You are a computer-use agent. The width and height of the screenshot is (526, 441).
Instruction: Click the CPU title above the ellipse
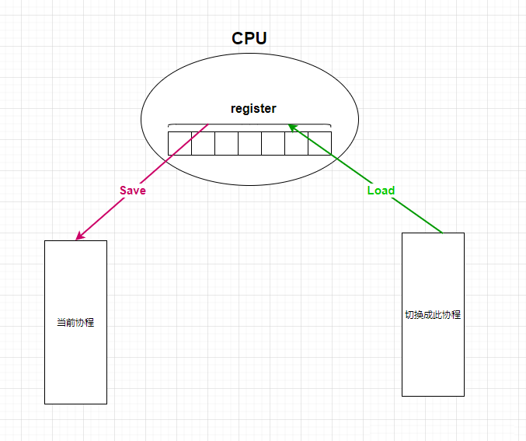coord(249,39)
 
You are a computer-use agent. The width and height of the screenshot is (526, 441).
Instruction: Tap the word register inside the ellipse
coord(253,109)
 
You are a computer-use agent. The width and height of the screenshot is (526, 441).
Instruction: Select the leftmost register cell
coord(179,144)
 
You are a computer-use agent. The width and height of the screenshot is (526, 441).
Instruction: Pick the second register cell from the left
coord(203,144)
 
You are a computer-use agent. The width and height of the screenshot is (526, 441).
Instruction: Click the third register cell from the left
coord(226,144)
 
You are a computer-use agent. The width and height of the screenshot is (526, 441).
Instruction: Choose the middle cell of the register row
coord(249,144)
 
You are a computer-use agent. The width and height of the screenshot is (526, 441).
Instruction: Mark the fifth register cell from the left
coord(273,144)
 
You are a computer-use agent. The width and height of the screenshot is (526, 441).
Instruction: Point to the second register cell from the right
coord(296,144)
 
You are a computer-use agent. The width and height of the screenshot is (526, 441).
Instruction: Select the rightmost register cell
coord(319,144)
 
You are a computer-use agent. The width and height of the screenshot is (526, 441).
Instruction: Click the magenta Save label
coord(132,191)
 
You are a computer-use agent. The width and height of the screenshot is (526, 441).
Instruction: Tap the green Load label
coord(381,191)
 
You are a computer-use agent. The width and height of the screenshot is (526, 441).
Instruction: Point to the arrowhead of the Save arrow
coord(78,237)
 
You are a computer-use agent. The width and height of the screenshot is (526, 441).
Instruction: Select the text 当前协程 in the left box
coord(75,322)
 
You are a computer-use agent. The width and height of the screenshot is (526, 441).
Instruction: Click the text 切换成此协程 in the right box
coord(433,315)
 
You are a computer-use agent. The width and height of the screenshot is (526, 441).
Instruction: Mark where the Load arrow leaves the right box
coord(442,233)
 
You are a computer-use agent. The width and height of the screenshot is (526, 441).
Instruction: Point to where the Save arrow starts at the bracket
coord(208,124)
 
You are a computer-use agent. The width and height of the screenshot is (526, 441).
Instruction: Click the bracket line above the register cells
coord(249,124)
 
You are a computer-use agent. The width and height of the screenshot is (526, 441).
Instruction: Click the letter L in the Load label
coord(371,191)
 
